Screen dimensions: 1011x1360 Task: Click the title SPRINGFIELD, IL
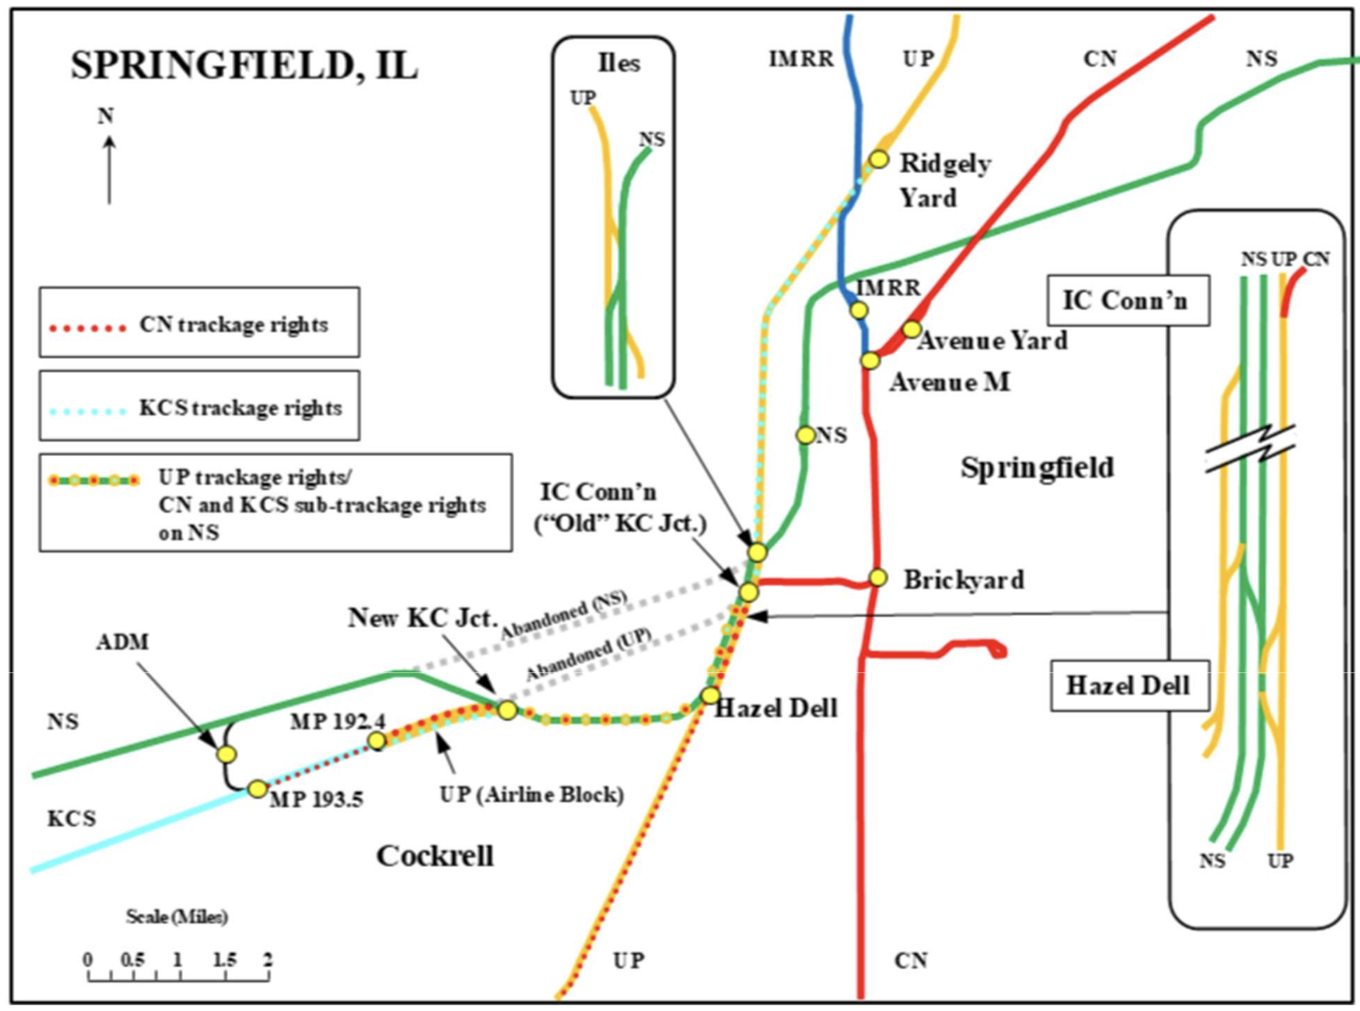coord(244,66)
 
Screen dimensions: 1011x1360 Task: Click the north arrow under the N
coord(109,170)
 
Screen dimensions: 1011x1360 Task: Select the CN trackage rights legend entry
coord(199,325)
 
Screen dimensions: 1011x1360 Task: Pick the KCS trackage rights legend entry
coord(199,408)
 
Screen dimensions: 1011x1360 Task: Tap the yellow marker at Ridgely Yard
coord(878,160)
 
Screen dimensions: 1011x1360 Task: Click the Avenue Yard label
coord(993,340)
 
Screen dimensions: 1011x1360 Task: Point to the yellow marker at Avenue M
coord(870,361)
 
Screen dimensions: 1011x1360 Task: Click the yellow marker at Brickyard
coord(878,578)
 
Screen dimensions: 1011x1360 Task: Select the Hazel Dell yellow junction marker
coord(711,696)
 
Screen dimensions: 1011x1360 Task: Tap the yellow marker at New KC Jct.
coord(507,710)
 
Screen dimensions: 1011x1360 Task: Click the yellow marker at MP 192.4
coord(377,741)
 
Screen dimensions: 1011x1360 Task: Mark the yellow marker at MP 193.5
coord(257,789)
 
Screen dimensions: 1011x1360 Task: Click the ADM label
coord(122,643)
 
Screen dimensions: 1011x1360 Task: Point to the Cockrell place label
coord(435,856)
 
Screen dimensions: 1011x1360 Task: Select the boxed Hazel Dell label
coord(1127,685)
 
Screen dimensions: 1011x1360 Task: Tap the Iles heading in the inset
coord(618,64)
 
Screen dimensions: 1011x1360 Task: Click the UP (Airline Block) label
coord(532,794)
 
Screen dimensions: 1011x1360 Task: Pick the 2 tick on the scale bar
coord(268,960)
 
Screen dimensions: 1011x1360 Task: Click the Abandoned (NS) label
coord(564,615)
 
